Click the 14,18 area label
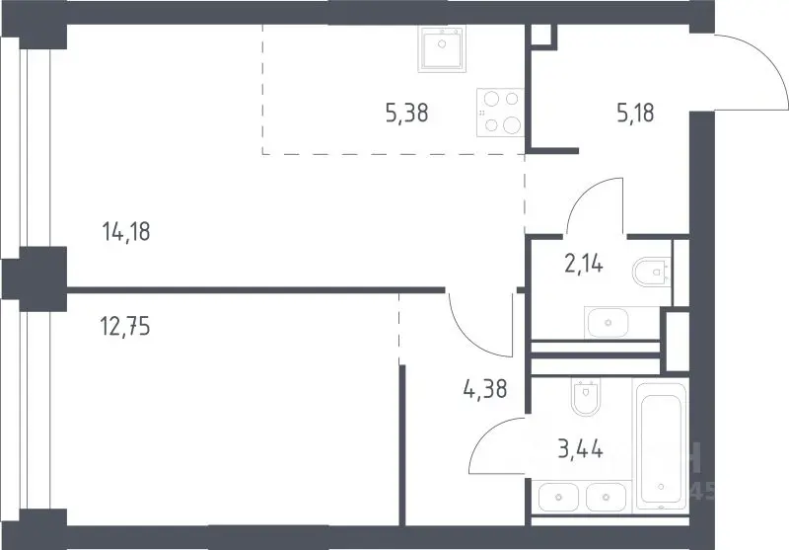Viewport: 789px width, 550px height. pos(126,232)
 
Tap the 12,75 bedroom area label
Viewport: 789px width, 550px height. pos(125,327)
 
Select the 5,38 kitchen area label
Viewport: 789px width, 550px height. pos(407,113)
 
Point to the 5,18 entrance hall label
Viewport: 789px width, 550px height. pos(635,113)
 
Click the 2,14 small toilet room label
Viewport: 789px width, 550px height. pos(584,264)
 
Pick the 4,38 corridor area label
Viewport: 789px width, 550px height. pos(485,389)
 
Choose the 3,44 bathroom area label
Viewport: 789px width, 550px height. pos(580,448)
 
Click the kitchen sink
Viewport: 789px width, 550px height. pos(442,48)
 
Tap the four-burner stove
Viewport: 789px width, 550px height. pos(501,113)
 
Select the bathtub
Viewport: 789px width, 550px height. pos(662,445)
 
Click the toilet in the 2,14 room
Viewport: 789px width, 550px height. pos(652,272)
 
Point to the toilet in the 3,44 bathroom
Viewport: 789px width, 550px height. pos(586,396)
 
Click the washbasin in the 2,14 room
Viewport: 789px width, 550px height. pos(609,322)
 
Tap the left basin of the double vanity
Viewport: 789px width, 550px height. pos(558,497)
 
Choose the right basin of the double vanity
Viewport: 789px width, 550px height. pos(606,497)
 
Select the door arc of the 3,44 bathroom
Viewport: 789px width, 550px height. pos(486,433)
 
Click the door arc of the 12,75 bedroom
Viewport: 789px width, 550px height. pos(466,338)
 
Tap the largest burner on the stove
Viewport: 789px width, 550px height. pos(512,124)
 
